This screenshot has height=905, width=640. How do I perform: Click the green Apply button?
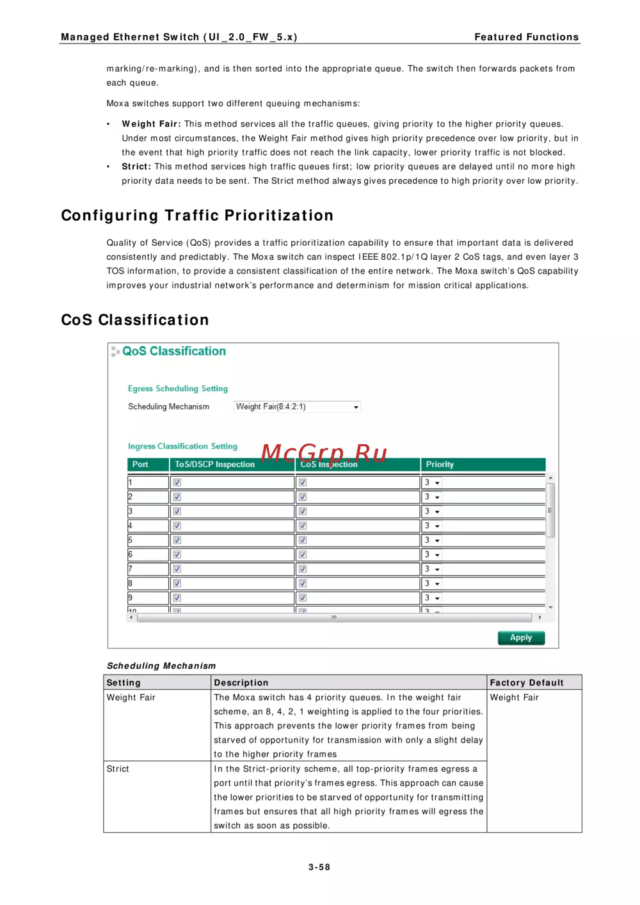point(521,637)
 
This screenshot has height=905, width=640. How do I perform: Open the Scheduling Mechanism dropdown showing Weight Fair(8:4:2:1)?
point(297,407)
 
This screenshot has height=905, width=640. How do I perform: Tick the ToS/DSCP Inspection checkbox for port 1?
point(177,483)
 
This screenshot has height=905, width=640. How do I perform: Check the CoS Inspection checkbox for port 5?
point(303,540)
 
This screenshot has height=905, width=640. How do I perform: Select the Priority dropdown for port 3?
point(433,511)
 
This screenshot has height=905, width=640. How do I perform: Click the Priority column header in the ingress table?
point(440,465)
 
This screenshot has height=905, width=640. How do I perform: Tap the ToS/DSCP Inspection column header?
point(215,465)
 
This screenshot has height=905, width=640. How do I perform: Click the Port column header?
point(140,465)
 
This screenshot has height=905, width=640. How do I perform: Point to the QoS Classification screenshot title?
point(174,351)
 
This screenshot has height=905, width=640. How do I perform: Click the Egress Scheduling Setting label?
point(177,388)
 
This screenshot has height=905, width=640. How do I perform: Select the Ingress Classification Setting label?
point(182,446)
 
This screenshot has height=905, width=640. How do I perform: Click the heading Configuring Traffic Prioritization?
point(197,216)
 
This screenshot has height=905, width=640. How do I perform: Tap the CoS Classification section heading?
point(135,320)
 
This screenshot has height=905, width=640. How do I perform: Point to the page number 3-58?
point(319,867)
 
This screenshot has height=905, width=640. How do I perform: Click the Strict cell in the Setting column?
point(118,769)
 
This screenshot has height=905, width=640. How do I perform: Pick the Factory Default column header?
point(527,683)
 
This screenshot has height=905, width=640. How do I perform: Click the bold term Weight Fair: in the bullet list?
point(151,124)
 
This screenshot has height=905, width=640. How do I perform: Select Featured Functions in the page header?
point(526,37)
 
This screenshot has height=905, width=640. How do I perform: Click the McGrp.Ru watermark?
point(324,453)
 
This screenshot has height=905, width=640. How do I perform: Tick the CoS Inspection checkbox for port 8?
point(303,584)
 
